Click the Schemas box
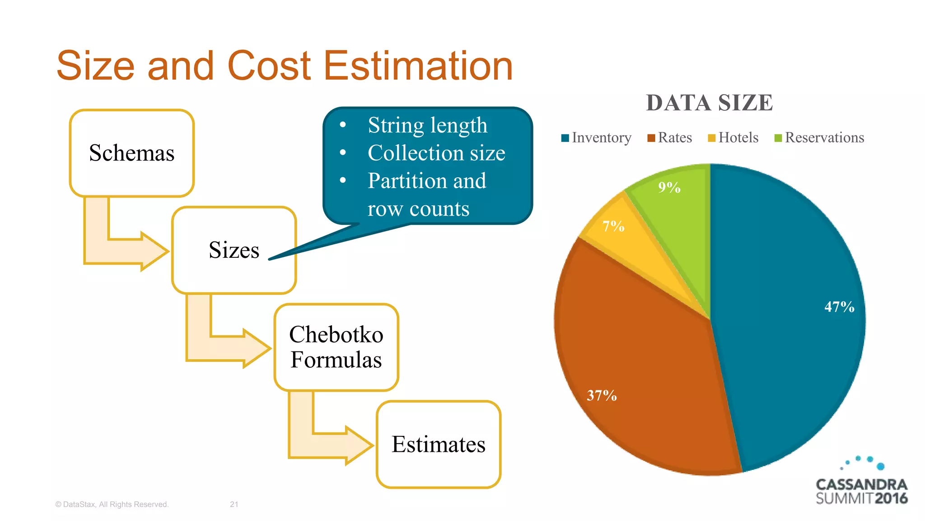[131, 153]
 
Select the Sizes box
[234, 250]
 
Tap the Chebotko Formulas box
[336, 347]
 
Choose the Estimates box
[438, 444]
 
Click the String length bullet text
[427, 125]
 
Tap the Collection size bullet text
[436, 153]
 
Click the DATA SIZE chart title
[709, 103]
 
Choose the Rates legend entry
[670, 137]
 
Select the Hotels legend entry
[733, 137]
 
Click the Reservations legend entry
[819, 137]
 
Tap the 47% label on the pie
[839, 307]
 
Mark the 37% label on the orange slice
[602, 396]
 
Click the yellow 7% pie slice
[632, 240]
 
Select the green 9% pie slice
[677, 213]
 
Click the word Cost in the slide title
[269, 66]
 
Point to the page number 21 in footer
[234, 504]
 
